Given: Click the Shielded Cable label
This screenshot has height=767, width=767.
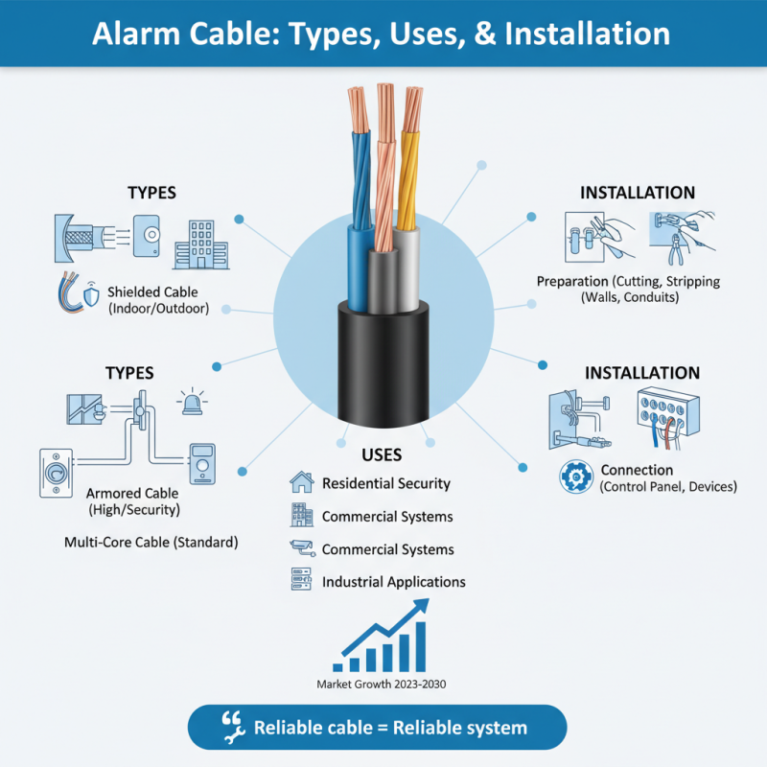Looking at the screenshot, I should [x=157, y=291].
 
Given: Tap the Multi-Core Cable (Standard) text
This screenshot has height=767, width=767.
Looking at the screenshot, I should [x=151, y=542].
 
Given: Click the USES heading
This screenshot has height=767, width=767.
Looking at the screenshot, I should [x=382, y=453].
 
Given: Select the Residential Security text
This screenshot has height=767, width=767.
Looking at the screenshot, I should [x=386, y=483].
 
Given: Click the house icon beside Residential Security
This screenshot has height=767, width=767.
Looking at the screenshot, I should [x=301, y=482].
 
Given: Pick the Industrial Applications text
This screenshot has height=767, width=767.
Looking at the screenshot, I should [x=393, y=582].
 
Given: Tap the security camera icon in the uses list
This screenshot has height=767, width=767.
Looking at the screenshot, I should [x=301, y=548].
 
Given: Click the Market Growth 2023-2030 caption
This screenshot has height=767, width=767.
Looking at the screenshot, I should [x=382, y=685].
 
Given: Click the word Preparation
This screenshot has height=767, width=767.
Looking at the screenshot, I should [x=571, y=282].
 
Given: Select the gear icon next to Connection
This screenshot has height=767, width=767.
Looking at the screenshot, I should [x=575, y=475].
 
